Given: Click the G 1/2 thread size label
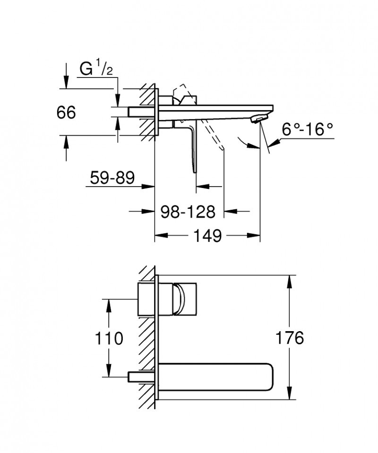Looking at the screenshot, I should [96, 69].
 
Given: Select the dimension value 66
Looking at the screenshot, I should [66, 113].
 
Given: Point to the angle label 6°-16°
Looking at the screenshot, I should [308, 129].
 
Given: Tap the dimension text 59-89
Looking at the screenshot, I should [112, 178].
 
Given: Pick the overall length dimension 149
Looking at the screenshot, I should [207, 235].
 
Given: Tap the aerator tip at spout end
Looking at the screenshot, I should [258, 119].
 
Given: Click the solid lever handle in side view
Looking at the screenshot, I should [192, 144].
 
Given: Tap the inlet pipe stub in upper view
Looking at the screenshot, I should [142, 112].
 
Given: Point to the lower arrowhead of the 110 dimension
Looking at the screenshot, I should [109, 371].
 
